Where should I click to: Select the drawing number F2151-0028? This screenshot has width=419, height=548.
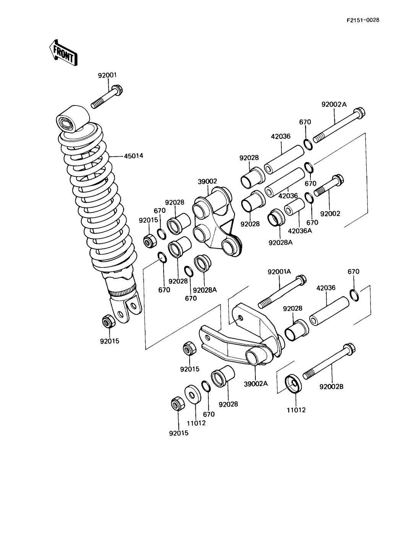[x=362, y=20]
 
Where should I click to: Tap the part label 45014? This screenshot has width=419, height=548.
[x=133, y=156]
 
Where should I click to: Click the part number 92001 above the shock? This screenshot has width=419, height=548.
[x=107, y=75]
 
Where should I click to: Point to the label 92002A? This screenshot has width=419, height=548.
[x=334, y=104]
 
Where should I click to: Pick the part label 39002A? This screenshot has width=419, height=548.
[x=256, y=383]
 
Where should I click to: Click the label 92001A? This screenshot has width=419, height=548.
[x=279, y=271]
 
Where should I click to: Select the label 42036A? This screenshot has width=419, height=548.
[x=300, y=231]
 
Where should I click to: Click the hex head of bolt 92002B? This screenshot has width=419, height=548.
[x=349, y=349]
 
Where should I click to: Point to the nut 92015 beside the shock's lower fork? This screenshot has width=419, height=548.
[x=109, y=321]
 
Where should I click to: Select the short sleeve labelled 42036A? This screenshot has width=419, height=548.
[x=295, y=207]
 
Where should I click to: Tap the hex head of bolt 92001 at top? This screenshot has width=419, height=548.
[x=117, y=91]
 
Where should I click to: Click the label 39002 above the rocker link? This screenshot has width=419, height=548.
[x=208, y=182]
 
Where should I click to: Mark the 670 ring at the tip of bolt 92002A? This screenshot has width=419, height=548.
[x=309, y=144]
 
